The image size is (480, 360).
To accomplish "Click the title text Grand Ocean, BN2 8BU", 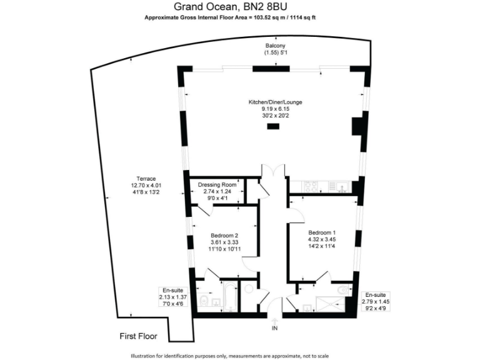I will click(x=239, y=7).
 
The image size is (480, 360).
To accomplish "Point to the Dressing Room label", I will click(x=216, y=185).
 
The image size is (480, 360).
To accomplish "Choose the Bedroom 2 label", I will click(x=225, y=235).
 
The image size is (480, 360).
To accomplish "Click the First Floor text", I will click(x=138, y=336).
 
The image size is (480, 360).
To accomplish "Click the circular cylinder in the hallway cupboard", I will click(x=248, y=289).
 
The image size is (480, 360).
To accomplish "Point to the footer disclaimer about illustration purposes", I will click(x=240, y=354).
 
